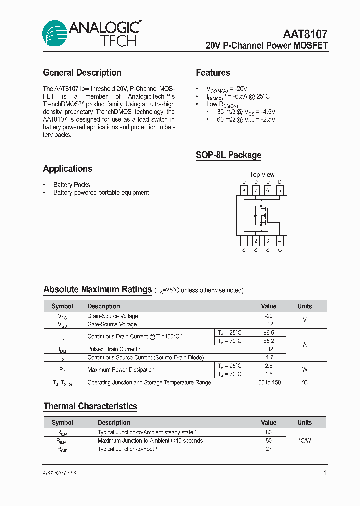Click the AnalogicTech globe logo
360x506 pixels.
click(54, 34)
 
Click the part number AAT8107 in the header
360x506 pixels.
click(305, 34)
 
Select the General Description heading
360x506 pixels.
click(82, 73)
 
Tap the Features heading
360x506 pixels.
click(213, 73)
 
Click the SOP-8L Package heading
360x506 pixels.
click(228, 155)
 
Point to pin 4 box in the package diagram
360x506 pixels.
click(280, 241)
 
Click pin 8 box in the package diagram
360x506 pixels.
click(244, 190)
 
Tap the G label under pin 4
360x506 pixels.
click(280, 250)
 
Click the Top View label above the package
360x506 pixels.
click(262, 174)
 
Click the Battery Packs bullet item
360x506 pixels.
click(71, 185)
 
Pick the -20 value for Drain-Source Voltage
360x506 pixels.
click(269, 316)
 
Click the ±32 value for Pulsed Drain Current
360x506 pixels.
click(269, 349)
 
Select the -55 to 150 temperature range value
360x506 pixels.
click(269, 382)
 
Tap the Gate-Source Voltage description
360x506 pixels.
click(112, 324)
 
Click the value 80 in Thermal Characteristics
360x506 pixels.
click(269, 432)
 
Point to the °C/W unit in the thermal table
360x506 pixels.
click(304, 441)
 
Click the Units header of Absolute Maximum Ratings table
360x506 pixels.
click(304, 306)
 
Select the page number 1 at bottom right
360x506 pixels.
click(326, 473)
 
